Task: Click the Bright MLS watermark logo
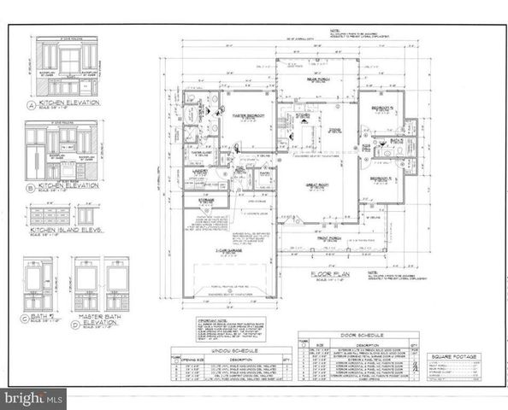pos(34,397)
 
